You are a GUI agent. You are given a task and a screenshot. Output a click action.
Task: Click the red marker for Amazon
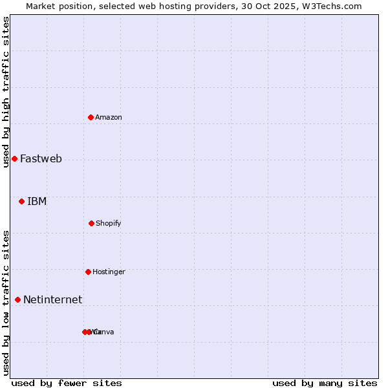click(91, 117)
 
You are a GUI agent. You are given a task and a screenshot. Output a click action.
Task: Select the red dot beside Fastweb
click(14, 158)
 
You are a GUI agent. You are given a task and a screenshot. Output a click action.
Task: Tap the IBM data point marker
click(21, 201)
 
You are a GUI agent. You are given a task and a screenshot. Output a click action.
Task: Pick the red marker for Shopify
click(91, 223)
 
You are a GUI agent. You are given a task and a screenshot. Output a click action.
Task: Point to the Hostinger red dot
click(88, 272)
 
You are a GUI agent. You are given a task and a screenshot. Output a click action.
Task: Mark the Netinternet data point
click(17, 299)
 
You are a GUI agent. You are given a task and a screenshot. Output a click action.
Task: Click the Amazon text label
click(109, 117)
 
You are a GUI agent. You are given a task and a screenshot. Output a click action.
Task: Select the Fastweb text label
click(41, 158)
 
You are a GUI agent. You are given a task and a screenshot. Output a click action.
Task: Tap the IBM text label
click(37, 201)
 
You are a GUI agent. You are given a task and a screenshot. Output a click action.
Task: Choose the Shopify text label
click(109, 223)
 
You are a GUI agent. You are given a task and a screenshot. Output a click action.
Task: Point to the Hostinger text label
click(109, 272)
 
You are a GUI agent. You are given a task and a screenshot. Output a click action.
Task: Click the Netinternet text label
click(52, 299)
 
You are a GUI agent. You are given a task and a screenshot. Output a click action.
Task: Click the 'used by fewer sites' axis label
click(67, 383)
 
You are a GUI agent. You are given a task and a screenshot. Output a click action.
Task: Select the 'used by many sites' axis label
click(325, 383)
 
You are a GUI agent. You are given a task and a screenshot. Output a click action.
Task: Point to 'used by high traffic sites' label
click(6, 92)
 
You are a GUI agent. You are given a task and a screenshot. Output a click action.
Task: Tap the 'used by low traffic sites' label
click(6, 302)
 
